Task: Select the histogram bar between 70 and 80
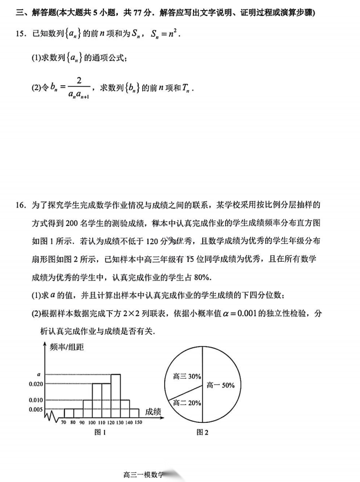(68, 413)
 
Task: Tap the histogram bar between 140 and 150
(134, 413)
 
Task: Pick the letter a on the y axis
(38, 374)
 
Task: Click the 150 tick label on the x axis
(139, 422)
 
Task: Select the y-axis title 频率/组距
(67, 347)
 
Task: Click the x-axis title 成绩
(153, 411)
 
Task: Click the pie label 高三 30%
(187, 376)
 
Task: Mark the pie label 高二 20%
(187, 403)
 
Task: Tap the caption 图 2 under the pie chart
(202, 432)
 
